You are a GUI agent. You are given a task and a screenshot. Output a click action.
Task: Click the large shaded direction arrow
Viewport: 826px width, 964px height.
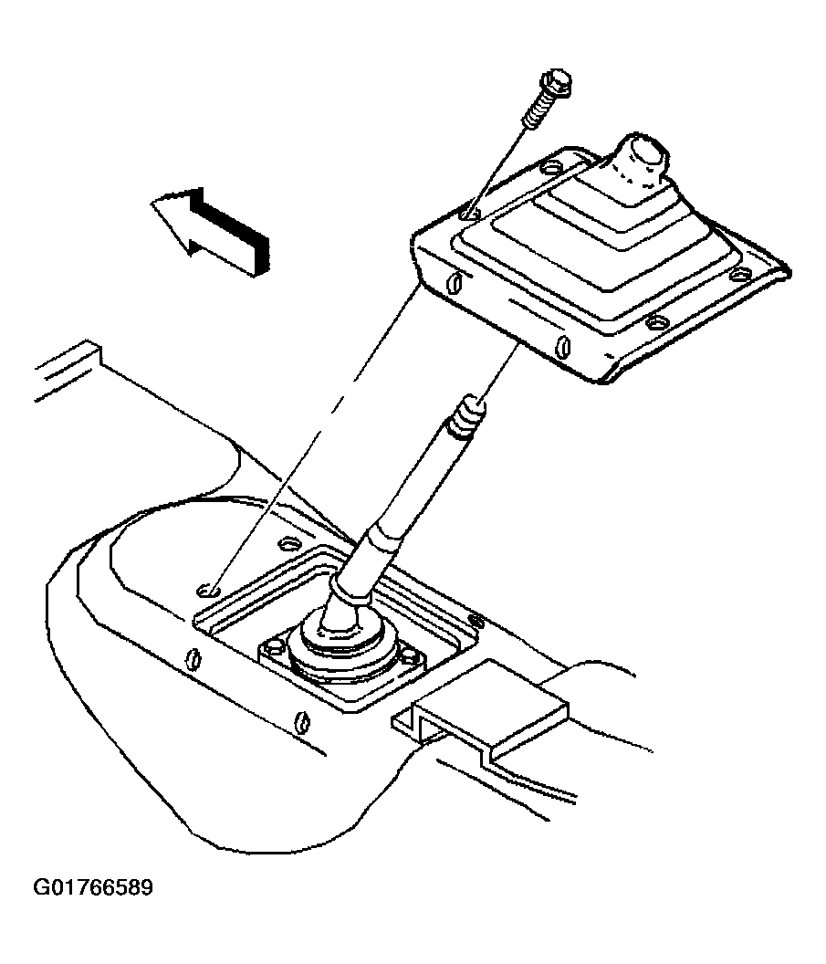(209, 231)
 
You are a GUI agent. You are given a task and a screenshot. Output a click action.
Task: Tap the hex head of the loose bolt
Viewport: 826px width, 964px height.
(556, 82)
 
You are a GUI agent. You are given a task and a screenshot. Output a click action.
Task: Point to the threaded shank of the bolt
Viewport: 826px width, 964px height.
(538, 111)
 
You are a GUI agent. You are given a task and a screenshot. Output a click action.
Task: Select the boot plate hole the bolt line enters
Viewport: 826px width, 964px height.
(470, 215)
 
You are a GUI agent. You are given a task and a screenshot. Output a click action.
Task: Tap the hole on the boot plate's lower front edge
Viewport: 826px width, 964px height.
(656, 321)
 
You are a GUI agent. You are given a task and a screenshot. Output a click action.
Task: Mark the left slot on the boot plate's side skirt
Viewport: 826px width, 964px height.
(455, 282)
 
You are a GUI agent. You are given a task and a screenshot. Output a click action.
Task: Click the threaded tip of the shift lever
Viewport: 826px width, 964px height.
(468, 416)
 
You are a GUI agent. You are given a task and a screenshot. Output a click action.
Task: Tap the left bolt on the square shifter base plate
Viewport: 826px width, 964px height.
(275, 646)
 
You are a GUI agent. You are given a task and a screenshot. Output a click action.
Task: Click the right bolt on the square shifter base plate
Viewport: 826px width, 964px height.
(410, 655)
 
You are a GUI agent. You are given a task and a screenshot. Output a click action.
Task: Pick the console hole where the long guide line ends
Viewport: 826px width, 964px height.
(208, 592)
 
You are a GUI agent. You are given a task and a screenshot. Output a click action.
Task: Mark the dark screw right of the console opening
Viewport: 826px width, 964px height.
(476, 621)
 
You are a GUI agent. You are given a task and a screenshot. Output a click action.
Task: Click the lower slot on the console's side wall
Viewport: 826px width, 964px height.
(302, 721)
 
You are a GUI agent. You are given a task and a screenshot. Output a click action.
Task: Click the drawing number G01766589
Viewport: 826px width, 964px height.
(93, 888)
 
